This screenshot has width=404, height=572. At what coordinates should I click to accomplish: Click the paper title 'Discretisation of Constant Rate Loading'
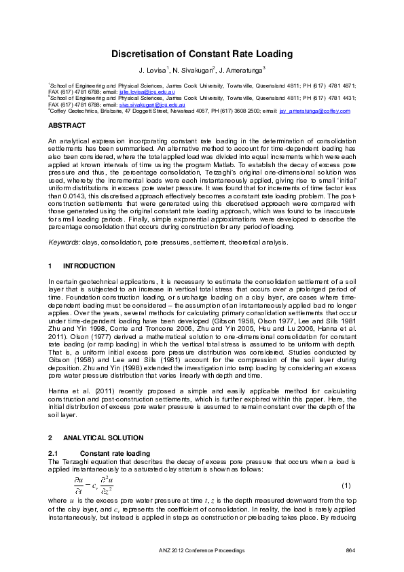202,54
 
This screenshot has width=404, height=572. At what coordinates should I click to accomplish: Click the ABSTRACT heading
65,126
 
